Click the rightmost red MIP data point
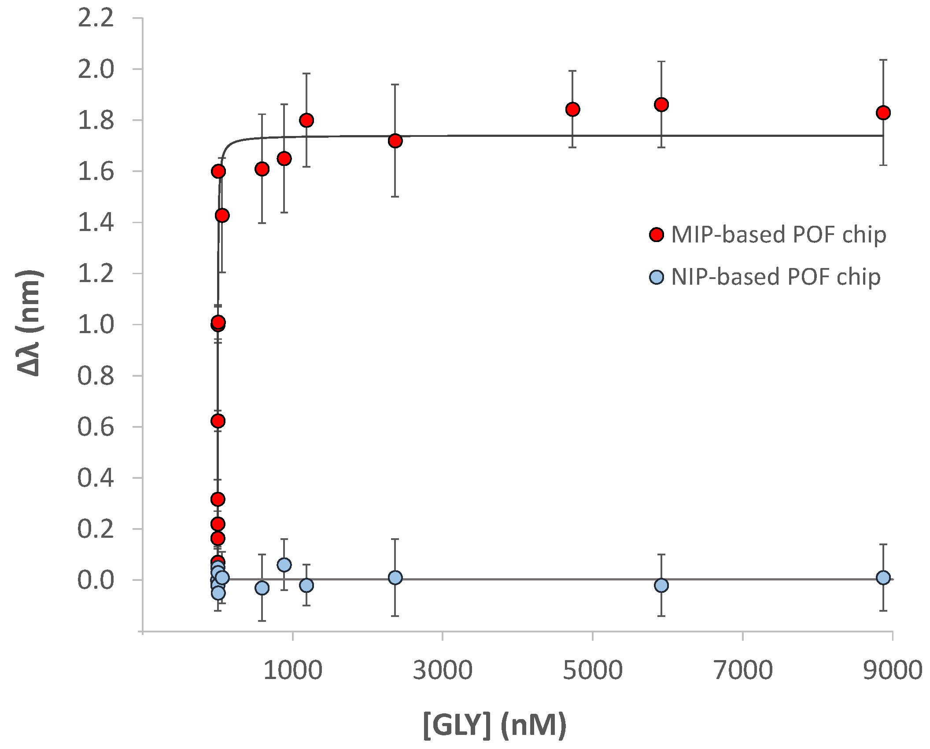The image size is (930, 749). pos(883,113)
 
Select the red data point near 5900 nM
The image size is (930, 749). pos(661,105)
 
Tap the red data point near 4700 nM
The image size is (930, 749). pos(572,109)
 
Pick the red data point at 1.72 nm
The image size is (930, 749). pos(395,141)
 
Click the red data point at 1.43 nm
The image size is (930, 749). pos(222,215)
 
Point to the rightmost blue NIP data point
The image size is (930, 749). pos(883,577)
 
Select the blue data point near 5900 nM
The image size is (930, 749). pos(661,585)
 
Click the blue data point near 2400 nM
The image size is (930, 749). pos(395,577)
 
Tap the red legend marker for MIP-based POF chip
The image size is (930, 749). pos(657,235)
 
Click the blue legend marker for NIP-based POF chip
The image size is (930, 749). pos(657,277)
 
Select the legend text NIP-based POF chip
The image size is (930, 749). pos(776,277)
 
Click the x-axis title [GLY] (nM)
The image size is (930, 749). pos(495,724)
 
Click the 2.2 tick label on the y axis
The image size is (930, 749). pos(96,18)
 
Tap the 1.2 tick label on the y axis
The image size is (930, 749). pos(96,274)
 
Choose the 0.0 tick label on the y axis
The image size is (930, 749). pos(96,580)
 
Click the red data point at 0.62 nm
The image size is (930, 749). pos(218,421)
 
